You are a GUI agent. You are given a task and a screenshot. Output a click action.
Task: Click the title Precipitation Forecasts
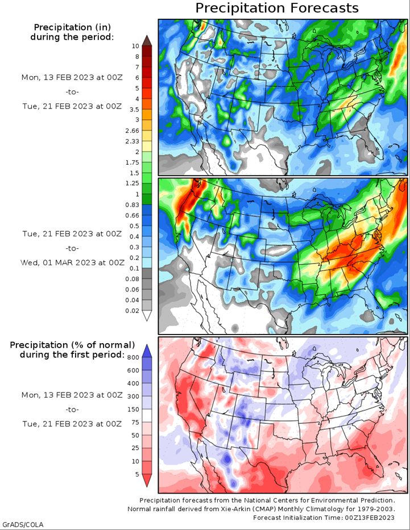(x=277, y=8)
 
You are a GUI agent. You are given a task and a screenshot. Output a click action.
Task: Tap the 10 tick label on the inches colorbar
(x=135, y=46)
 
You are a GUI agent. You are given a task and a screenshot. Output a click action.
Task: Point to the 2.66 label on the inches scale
(x=132, y=131)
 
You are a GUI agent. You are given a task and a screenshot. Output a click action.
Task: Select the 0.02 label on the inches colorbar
(x=132, y=311)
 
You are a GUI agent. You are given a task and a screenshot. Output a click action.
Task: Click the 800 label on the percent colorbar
(x=133, y=358)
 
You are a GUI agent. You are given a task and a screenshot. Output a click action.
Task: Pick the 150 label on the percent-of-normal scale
(x=133, y=410)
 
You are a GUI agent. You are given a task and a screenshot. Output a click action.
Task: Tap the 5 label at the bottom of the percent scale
(x=137, y=474)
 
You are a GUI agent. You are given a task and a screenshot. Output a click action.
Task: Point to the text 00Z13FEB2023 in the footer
(x=370, y=518)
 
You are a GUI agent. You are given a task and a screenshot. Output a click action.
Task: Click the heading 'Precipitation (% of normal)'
(x=72, y=345)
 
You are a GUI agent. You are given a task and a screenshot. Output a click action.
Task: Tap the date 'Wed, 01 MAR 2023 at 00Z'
(x=72, y=262)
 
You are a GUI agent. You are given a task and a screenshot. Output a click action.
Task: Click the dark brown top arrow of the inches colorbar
(x=147, y=40)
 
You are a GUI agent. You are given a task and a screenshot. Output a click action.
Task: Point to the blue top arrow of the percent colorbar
(x=147, y=351)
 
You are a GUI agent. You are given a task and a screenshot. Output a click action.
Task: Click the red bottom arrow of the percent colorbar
(x=147, y=480)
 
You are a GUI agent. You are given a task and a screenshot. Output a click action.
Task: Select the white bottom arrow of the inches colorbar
(x=147, y=316)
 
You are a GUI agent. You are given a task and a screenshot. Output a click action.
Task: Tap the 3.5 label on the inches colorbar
(x=134, y=110)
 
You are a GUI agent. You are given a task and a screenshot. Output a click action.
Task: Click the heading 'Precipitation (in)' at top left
(x=72, y=27)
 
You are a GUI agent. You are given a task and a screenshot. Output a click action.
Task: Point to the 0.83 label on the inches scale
(x=132, y=205)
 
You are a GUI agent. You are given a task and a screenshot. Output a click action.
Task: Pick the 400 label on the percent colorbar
(x=133, y=383)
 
